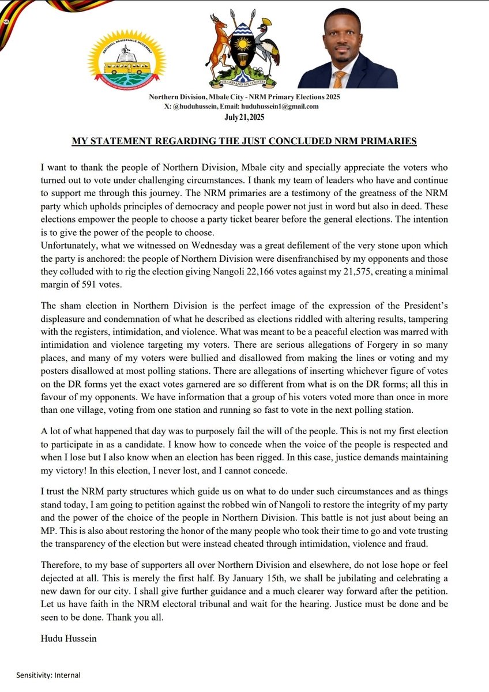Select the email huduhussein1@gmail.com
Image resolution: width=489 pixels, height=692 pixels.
tap(277, 107)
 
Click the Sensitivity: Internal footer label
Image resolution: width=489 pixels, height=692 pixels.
tap(48, 675)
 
